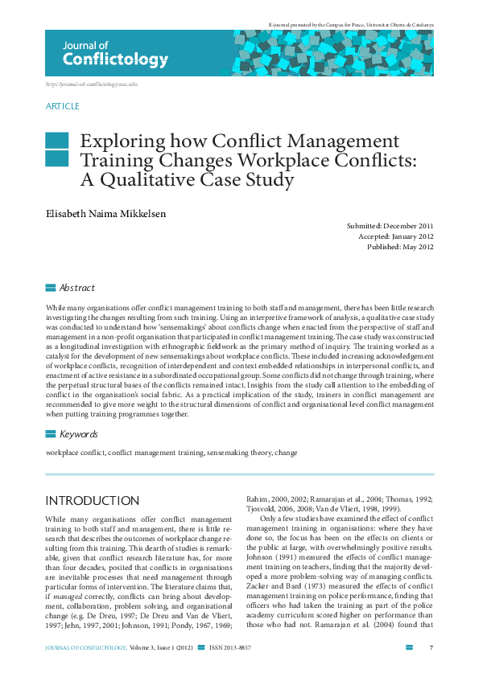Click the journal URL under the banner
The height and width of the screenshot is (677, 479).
92,84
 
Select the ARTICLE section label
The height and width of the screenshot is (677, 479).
63,106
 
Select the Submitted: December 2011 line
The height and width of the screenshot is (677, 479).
390,228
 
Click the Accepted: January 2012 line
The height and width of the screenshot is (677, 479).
395,237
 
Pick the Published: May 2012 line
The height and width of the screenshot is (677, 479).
399,247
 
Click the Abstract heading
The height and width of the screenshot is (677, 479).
77,288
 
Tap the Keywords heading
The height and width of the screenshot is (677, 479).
79,434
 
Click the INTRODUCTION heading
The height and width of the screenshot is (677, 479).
92,501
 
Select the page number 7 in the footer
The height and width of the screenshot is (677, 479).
432,647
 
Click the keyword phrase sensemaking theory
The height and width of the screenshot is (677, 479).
239,453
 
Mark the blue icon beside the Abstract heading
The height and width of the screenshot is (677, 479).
51,288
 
